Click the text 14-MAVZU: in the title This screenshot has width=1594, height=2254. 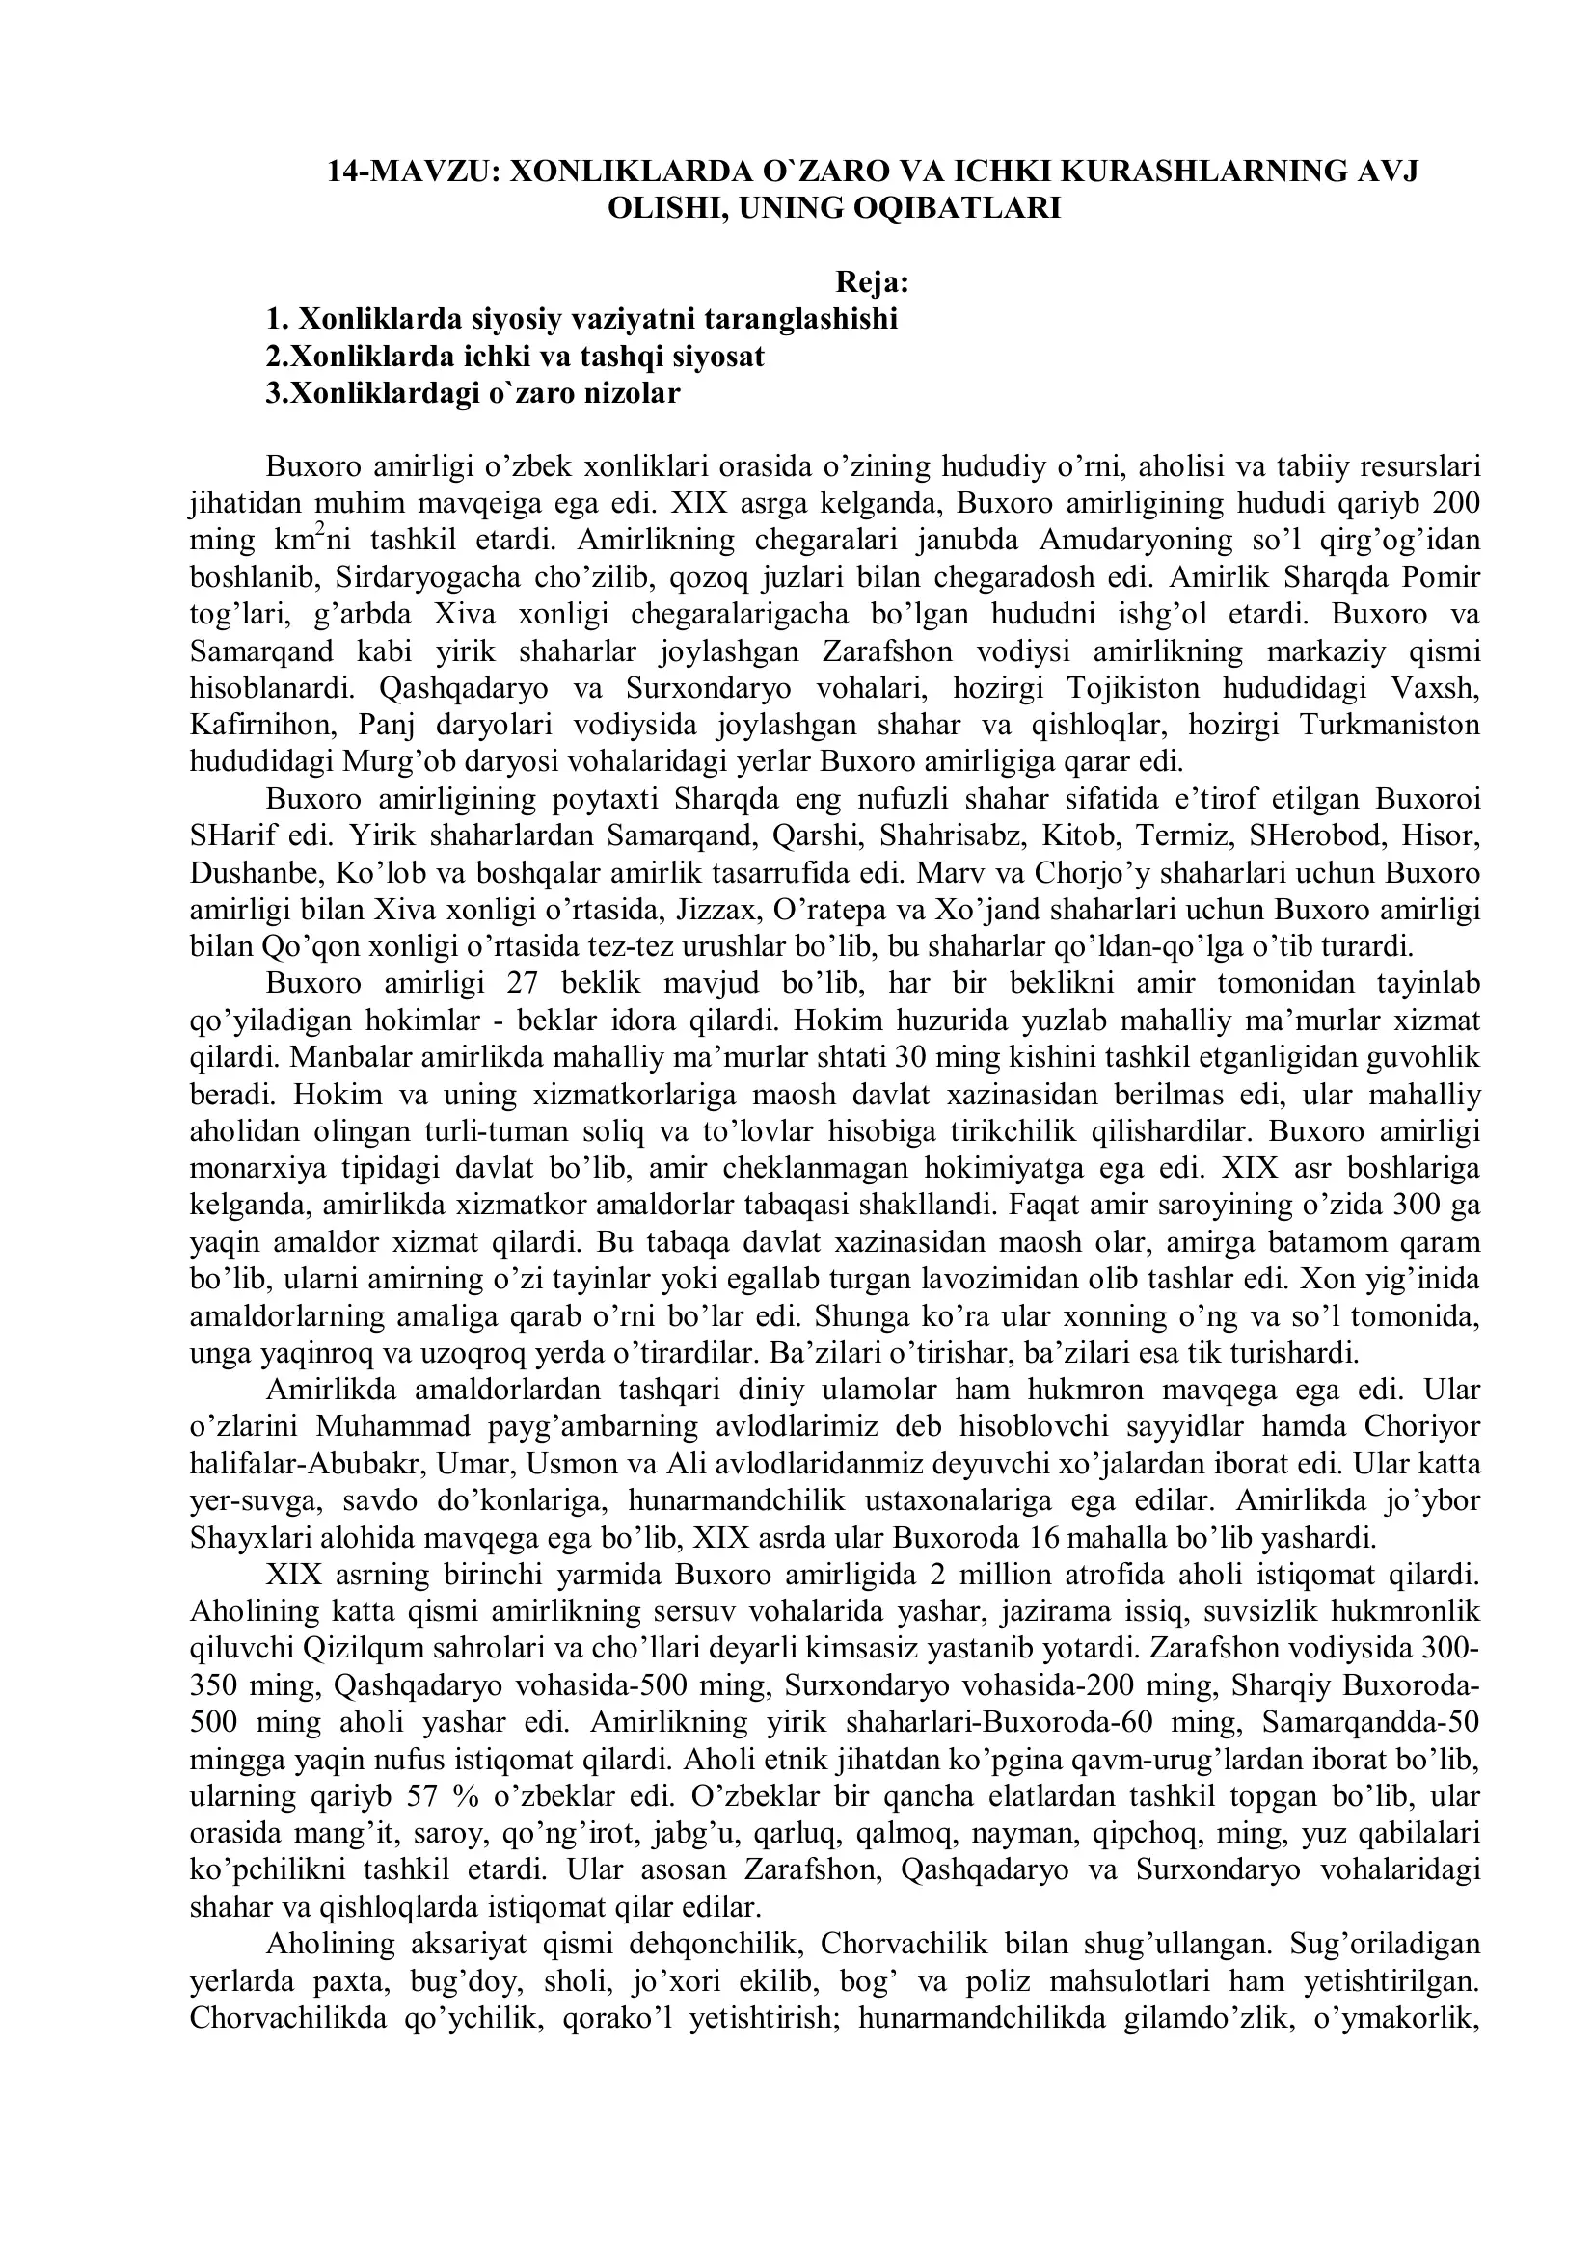[414, 171]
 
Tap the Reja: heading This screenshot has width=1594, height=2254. [872, 282]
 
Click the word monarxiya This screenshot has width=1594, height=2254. [253, 1169]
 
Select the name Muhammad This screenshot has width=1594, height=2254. [391, 1427]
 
